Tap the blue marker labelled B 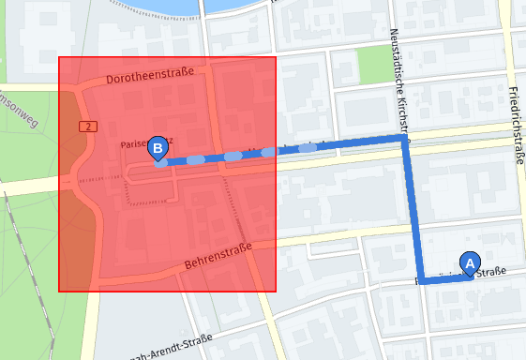pos(158,148)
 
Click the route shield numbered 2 pos(88,126)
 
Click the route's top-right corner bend pos(404,140)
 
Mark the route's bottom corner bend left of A pos(423,280)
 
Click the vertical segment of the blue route pos(413,211)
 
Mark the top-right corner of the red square pos(276,57)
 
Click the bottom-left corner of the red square pos(59,291)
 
